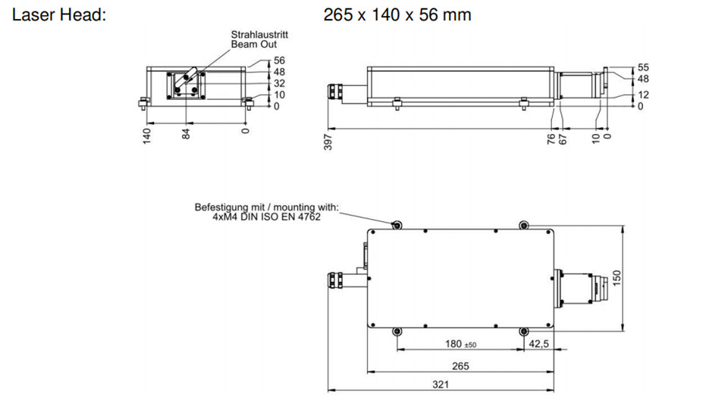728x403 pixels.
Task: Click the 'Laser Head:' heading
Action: point(59,15)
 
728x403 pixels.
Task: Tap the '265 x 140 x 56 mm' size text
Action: point(397,15)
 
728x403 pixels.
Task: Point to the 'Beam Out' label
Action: point(254,45)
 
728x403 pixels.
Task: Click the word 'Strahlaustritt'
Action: point(259,34)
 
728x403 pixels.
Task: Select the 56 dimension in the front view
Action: point(280,61)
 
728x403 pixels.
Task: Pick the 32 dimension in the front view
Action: point(280,83)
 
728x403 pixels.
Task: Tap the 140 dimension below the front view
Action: point(146,136)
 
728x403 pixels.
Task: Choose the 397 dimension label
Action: point(328,142)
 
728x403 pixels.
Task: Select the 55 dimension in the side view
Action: point(643,67)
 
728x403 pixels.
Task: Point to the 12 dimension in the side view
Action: point(643,95)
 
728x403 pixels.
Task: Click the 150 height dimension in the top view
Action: point(617,278)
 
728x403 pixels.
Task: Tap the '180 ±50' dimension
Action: point(460,344)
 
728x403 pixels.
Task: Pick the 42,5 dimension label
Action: point(539,344)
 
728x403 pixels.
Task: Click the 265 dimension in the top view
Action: point(460,366)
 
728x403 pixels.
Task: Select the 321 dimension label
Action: point(441,385)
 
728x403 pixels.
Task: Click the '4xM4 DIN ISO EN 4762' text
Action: point(266,217)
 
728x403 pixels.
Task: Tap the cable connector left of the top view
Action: point(336,280)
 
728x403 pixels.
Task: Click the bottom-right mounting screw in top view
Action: point(524,331)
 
